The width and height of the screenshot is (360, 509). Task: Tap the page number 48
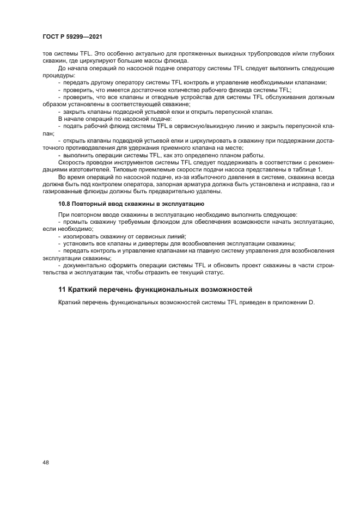(46, 462)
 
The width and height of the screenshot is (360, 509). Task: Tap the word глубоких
(320, 54)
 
